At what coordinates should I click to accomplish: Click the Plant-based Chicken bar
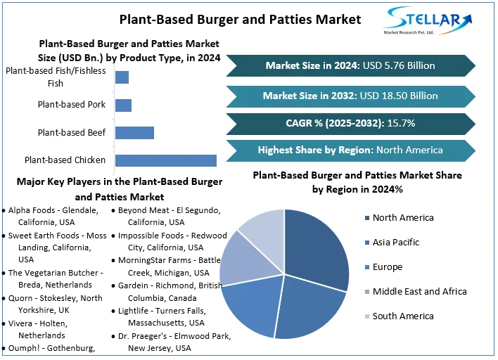click(165, 160)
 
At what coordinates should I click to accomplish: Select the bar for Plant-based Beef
click(134, 132)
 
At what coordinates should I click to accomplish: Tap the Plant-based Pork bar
click(123, 105)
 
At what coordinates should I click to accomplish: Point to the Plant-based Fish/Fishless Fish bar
click(122, 77)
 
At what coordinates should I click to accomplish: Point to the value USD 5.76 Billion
click(399, 65)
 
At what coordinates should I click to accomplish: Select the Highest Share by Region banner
click(350, 150)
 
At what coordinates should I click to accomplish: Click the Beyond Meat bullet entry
click(169, 216)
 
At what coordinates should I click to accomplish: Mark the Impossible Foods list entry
click(172, 241)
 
